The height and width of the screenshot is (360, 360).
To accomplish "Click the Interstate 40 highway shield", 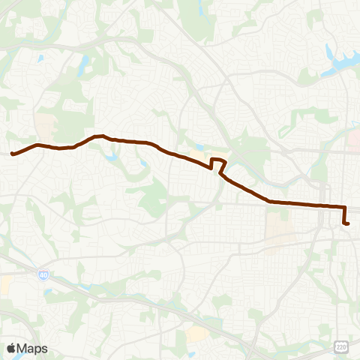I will (x=42, y=276).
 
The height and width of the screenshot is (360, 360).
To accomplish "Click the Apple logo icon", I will (x=11, y=348).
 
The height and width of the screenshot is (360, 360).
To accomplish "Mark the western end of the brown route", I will (x=13, y=154).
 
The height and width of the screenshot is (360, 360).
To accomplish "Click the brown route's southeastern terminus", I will (x=347, y=223).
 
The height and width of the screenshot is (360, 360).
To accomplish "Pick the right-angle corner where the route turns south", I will (x=344, y=207).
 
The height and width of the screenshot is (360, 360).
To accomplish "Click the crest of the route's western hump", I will (x=98, y=136).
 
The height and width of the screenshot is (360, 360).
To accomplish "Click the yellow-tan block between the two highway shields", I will (x=198, y=334).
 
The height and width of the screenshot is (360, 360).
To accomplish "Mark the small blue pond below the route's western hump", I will (x=112, y=158).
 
